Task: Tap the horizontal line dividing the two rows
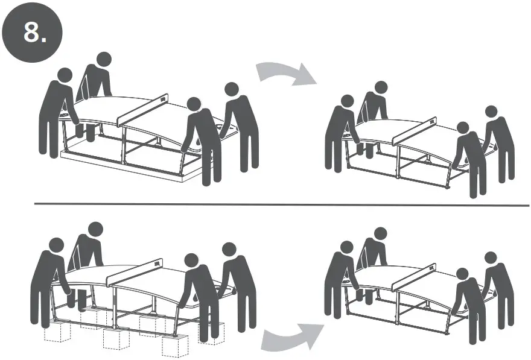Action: (281, 205)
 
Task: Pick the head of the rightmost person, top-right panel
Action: (491, 112)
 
